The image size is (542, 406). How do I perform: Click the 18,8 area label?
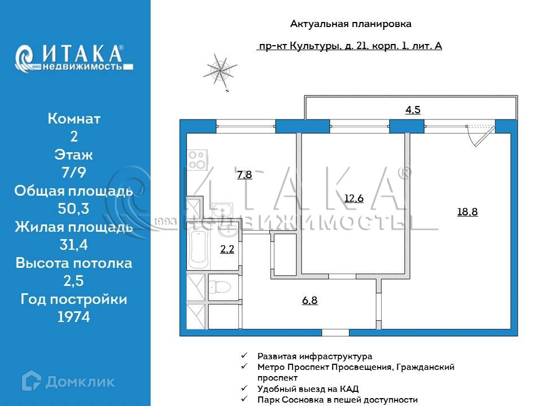click(x=467, y=212)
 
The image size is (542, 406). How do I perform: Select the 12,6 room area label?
click(x=354, y=198)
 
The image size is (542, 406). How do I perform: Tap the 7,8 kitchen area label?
click(x=244, y=175)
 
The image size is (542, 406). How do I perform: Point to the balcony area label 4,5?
click(x=413, y=110)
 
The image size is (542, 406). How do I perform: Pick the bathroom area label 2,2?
click(x=227, y=249)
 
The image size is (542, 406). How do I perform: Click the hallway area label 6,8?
click(x=309, y=301)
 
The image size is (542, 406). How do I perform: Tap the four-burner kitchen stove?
click(x=198, y=160)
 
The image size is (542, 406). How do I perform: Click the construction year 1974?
click(x=74, y=317)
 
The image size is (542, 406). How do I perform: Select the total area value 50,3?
click(x=74, y=209)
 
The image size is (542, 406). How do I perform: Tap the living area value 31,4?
click(x=74, y=245)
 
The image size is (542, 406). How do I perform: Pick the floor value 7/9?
click(x=74, y=173)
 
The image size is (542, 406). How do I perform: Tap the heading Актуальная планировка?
click(x=351, y=24)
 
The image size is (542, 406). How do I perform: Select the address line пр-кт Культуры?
click(x=349, y=47)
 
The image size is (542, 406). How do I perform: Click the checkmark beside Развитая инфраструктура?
click(x=244, y=356)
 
